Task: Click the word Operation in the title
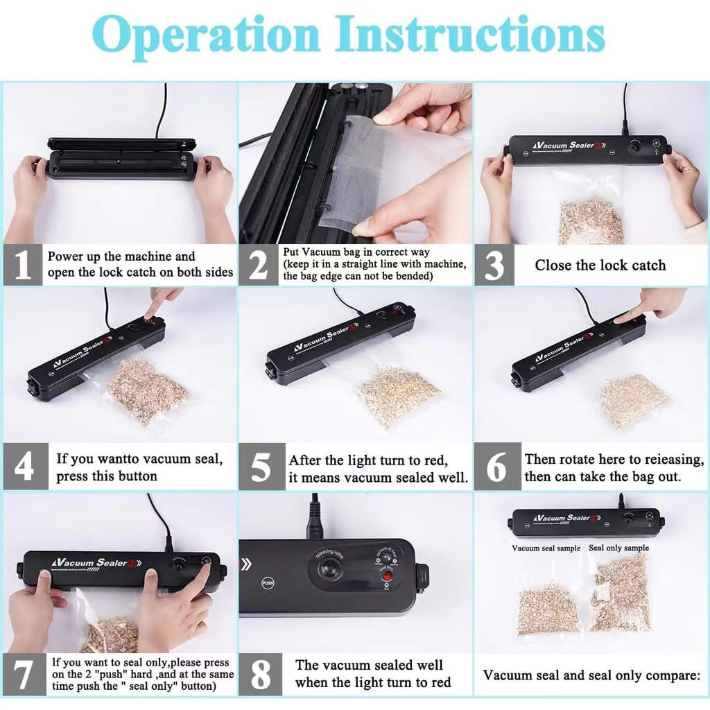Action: coord(214,34)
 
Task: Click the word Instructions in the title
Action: coord(473,34)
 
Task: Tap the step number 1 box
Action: coord(23,265)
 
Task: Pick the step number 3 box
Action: coord(494,265)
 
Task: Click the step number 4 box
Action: coord(23,467)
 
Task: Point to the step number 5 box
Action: coord(260,467)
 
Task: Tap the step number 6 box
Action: coord(496,467)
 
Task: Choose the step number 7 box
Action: coord(24,673)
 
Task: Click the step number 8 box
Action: coord(260,673)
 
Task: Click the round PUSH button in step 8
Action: coord(268,583)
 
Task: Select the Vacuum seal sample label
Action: coord(546,548)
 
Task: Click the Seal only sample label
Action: coord(618,548)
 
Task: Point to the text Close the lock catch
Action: coord(600,265)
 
